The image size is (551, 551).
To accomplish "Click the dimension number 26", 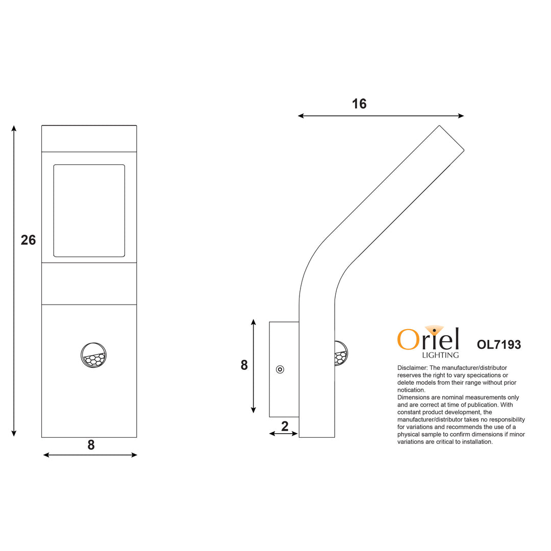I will [28, 240].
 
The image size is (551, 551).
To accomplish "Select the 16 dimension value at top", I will [359, 104].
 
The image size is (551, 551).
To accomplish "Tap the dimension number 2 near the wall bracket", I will [285, 427].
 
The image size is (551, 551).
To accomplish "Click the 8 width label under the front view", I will [91, 445].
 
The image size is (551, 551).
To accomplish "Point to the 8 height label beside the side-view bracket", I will [244, 365].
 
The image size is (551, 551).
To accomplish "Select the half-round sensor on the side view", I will [340, 353].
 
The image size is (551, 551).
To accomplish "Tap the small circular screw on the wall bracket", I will [280, 369].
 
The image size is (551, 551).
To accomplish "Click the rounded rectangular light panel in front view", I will [89, 211].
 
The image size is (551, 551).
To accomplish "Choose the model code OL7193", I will [498, 345].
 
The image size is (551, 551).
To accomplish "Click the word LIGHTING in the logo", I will [440, 355].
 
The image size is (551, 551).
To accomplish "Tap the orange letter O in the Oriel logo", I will [408, 340].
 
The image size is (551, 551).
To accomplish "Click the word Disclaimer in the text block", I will [412, 367].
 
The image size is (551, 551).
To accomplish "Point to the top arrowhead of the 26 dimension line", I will [14, 128].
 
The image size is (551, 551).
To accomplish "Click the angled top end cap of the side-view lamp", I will [452, 138].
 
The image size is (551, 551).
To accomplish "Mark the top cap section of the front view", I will [89, 139].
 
